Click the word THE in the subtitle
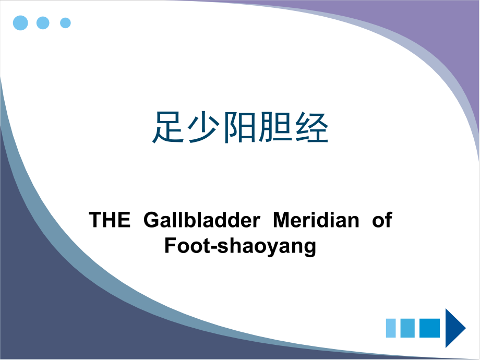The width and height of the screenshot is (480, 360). point(110,221)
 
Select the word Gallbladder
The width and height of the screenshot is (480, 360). point(201,221)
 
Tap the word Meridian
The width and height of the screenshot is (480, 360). point(316,221)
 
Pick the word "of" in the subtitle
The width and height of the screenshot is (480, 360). point(382,221)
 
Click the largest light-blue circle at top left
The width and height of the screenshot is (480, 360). point(20,22)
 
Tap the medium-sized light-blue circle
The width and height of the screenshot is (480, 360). point(43,22)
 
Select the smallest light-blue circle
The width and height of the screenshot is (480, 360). point(65,22)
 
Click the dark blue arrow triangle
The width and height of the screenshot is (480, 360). point(454,328)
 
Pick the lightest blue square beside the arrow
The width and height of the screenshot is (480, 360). point(392,328)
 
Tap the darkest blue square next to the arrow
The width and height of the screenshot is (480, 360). point(430,328)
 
